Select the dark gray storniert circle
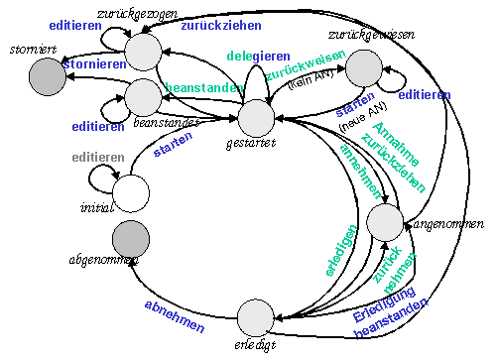[x=46, y=72]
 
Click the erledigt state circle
[x=256, y=319]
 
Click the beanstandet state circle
[x=143, y=96]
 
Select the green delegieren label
[x=259, y=56]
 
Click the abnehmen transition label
[x=175, y=315]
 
